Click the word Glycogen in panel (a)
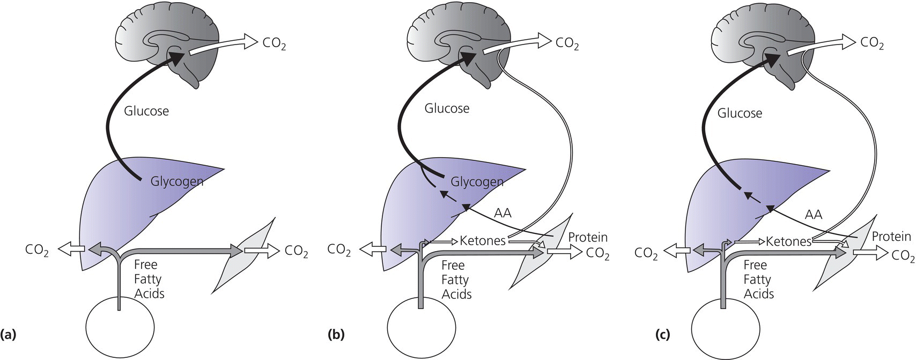click(177, 181)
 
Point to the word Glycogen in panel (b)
click(477, 182)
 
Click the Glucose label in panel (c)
click(740, 113)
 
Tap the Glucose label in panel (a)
click(146, 111)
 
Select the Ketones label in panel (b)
click(483, 241)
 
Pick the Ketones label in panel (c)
click(788, 241)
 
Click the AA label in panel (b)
click(503, 213)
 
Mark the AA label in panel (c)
click(814, 215)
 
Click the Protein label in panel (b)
click(588, 237)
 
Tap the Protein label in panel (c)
click(891, 236)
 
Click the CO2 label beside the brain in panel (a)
click(273, 43)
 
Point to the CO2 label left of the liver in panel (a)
click(37, 250)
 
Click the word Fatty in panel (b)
click(455, 280)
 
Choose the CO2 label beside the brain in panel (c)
click(872, 43)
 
